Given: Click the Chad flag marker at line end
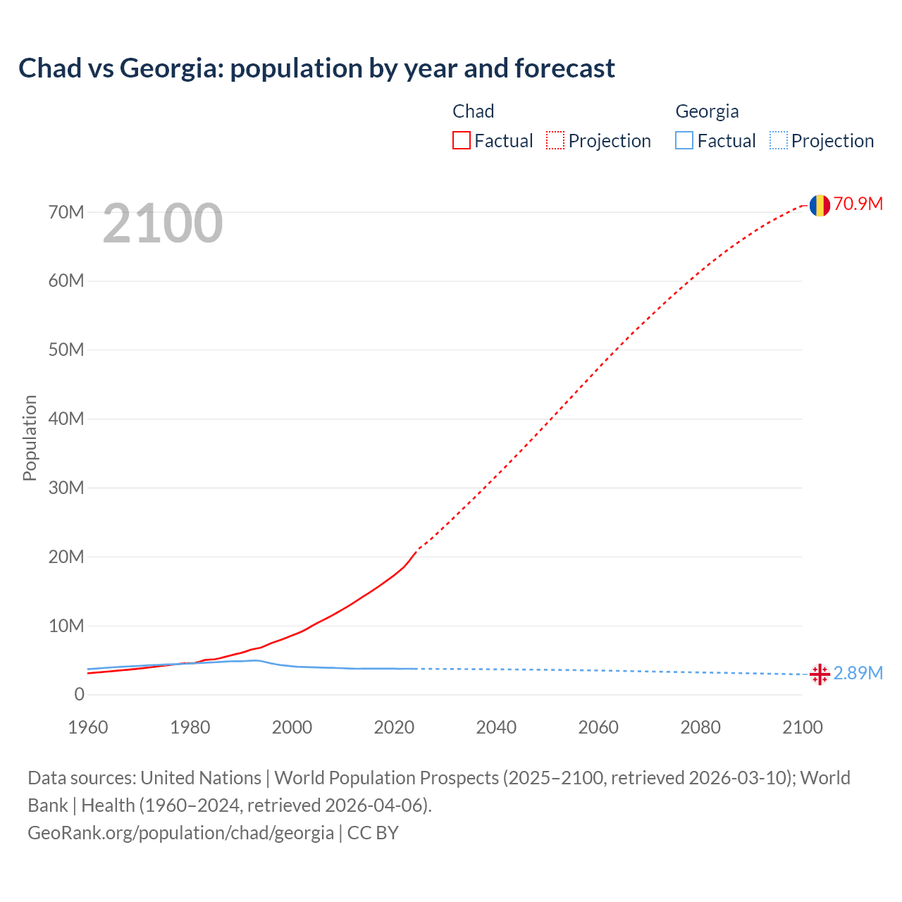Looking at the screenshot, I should [x=819, y=205].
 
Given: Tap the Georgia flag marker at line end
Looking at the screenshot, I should [x=819, y=674].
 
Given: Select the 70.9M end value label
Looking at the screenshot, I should [x=858, y=204].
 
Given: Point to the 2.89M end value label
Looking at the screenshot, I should [x=858, y=673].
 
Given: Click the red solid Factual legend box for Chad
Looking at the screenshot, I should [x=462, y=140].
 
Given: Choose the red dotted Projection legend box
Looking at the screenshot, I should [x=555, y=140].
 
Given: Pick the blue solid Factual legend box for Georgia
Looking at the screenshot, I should [x=684, y=140].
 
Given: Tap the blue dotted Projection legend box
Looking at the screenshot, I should [x=779, y=140].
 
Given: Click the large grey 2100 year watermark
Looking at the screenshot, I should [x=163, y=223].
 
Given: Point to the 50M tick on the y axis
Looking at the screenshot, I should [x=66, y=350].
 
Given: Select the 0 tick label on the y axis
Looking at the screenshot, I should [x=79, y=695].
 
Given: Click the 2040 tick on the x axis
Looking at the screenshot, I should [x=496, y=727].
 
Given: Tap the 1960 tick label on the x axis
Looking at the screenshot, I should [x=88, y=727].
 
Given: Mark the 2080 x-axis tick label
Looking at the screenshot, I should [x=700, y=727].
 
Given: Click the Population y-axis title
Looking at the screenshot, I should [x=30, y=438].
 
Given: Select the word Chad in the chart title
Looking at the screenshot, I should [x=49, y=68].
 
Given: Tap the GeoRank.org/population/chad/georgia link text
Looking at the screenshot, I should [x=180, y=833].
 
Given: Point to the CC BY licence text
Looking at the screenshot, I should [x=373, y=833].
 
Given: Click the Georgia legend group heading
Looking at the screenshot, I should [x=707, y=111].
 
